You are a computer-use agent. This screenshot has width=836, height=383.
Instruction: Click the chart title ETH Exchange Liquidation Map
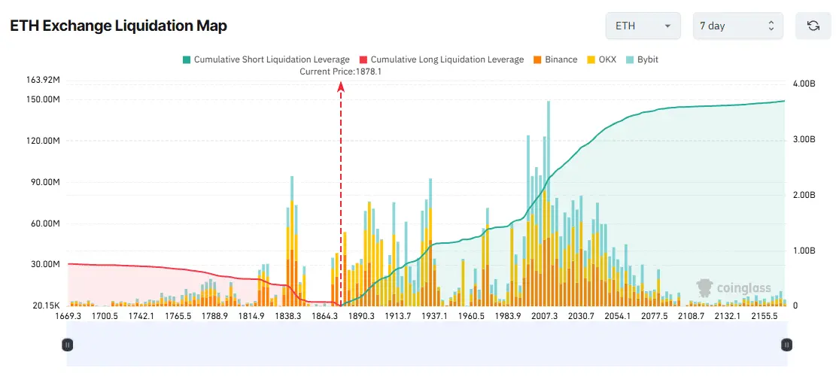point(118,26)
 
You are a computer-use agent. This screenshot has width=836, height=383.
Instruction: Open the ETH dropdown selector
point(643,26)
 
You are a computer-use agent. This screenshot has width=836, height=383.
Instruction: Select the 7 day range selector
point(737,26)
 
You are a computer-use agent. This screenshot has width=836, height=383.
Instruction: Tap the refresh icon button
point(813,26)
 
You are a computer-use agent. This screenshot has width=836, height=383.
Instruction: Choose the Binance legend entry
point(556,59)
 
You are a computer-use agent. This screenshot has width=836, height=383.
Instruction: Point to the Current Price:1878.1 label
point(341,71)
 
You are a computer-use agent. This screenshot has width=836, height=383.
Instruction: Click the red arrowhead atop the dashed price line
point(341,87)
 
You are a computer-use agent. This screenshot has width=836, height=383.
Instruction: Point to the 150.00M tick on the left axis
point(43,99)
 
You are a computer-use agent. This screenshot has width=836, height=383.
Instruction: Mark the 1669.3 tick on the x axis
point(68,317)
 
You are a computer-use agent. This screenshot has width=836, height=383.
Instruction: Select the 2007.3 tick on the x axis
point(544,317)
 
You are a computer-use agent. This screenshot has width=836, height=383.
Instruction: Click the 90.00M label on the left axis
point(44,182)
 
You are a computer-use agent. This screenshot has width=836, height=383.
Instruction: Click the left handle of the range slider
point(67,345)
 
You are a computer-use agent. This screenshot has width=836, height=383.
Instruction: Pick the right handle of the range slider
point(786,345)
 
